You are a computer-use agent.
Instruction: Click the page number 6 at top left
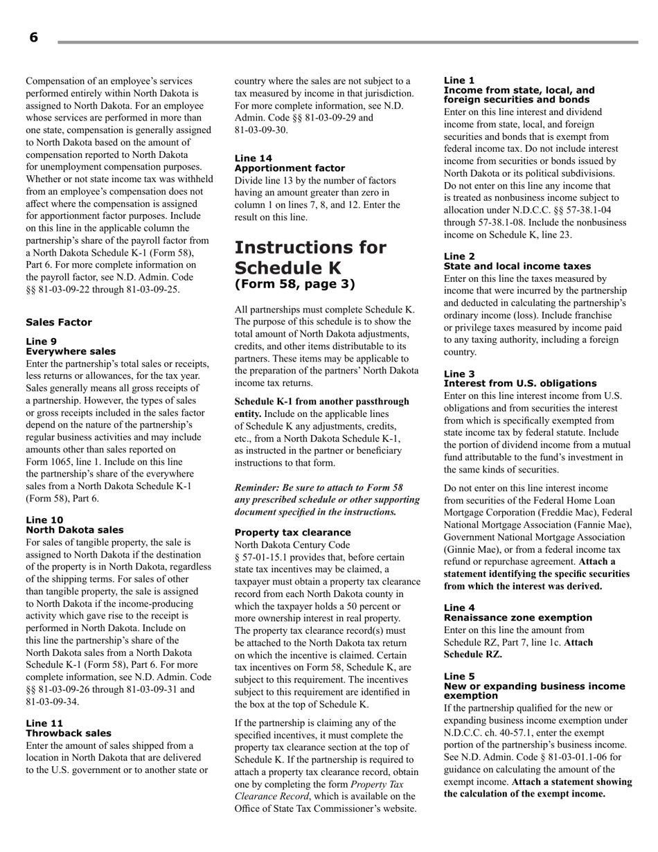33,38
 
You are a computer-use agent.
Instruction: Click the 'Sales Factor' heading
59,322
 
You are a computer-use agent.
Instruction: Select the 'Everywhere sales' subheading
71,351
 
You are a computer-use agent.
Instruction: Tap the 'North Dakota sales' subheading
75,530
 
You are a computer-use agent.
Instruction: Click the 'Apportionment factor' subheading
290,168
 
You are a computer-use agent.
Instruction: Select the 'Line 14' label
254,159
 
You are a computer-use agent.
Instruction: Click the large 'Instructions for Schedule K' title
310,258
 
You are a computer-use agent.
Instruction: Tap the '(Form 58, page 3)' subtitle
294,284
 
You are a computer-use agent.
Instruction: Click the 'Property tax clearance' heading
292,533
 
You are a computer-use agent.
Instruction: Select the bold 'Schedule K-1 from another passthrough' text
321,402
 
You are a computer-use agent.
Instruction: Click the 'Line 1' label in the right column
459,80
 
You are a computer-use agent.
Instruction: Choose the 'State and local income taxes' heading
517,266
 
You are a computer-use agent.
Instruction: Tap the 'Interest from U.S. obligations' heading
519,383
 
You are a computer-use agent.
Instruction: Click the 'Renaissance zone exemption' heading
517,617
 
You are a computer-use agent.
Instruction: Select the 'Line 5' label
459,676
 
